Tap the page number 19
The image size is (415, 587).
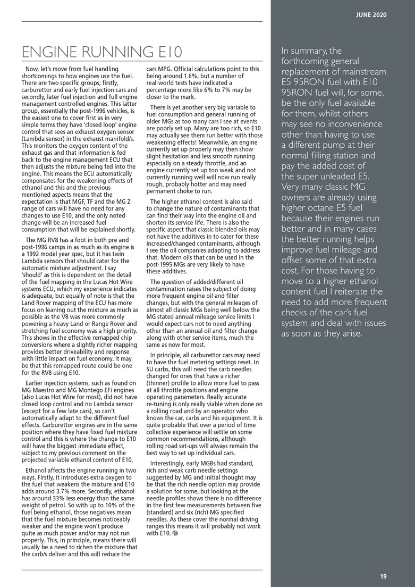tap(383, 576)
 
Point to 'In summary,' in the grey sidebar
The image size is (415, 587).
tap(303, 52)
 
